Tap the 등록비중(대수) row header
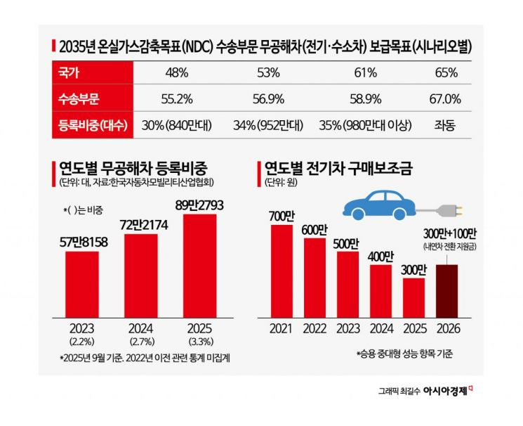tap(88, 126)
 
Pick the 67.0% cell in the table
tap(446, 99)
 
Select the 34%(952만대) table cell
tap(268, 126)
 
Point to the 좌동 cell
tap(446, 126)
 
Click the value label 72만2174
tap(141, 226)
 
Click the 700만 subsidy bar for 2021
tap(281, 270)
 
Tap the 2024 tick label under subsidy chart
tap(380, 328)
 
